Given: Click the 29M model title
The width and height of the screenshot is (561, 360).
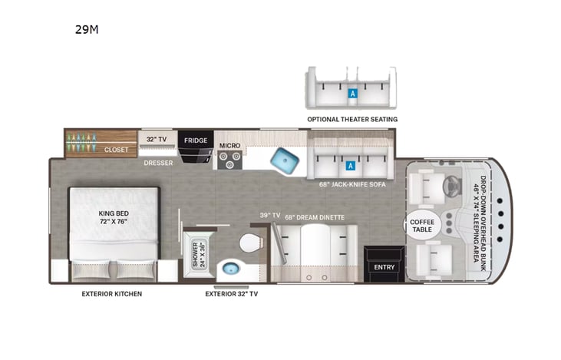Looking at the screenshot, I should point(87,31).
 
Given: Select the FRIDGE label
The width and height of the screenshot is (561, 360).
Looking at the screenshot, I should point(195,140).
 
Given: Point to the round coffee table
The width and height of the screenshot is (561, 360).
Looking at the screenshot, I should point(421,225).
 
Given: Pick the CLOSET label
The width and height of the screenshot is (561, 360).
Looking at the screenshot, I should point(117,150).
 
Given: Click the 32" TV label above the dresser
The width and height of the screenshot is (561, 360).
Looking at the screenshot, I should point(157,139).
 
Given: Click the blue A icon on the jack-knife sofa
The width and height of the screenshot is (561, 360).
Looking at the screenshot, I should point(351,164).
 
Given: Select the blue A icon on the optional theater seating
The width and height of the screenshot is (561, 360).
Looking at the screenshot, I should point(352,93).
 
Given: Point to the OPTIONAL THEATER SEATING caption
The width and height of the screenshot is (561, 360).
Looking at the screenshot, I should point(352,120).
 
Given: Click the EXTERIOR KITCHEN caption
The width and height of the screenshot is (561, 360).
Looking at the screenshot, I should point(114,293).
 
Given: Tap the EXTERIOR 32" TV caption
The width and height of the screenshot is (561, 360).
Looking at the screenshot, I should point(231,293).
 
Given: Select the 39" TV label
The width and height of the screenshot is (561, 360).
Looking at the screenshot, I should point(269,216).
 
